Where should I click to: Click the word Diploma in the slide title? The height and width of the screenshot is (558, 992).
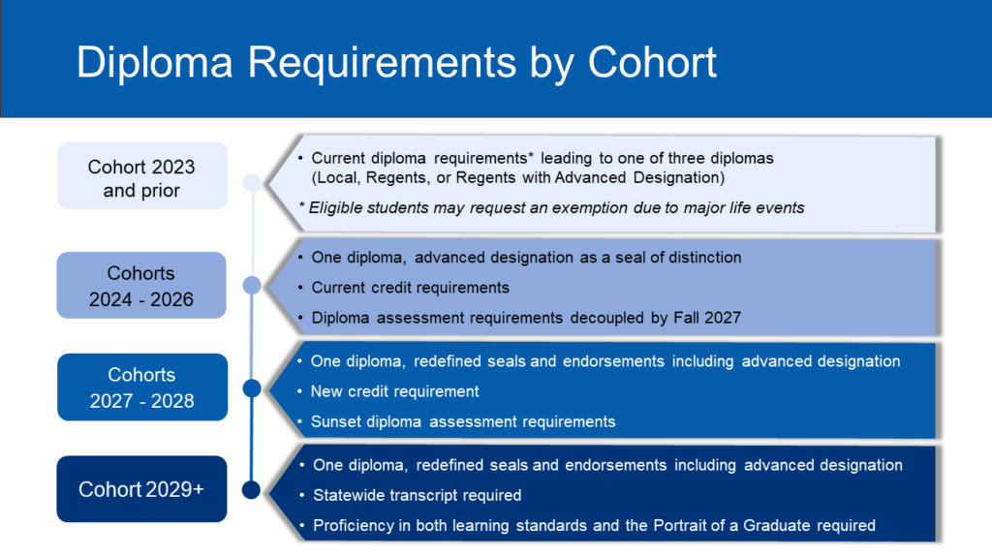point(155,63)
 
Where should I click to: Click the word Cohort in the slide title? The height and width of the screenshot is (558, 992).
point(652,62)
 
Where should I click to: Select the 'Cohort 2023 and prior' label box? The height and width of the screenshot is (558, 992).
point(142,176)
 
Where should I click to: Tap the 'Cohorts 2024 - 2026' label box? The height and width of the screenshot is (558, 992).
point(141,286)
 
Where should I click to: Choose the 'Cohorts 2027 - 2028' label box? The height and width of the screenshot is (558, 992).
point(142,387)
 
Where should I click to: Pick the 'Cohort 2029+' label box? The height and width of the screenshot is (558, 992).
point(141,489)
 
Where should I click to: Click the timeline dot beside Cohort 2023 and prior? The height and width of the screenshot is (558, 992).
point(252,183)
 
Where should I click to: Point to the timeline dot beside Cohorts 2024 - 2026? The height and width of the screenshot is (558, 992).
point(252,286)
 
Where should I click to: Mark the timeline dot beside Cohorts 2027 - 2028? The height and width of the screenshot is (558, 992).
point(252,387)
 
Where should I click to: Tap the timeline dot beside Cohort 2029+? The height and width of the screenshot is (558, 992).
point(251,489)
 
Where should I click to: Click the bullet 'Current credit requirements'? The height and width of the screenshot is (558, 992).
point(410,288)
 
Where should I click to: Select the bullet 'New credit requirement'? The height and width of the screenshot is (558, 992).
point(395,391)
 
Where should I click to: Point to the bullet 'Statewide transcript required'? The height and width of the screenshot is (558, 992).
point(417,495)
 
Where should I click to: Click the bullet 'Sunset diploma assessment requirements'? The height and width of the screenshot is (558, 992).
point(463,422)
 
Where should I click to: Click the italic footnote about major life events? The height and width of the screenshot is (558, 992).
point(551,207)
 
